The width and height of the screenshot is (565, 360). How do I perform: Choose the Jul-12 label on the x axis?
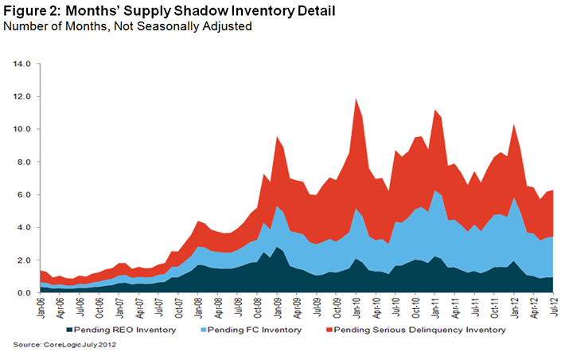[x=551, y=306]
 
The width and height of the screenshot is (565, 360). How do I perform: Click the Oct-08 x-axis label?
[x=257, y=306]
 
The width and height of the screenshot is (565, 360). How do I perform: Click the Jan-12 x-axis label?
[x=512, y=306]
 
